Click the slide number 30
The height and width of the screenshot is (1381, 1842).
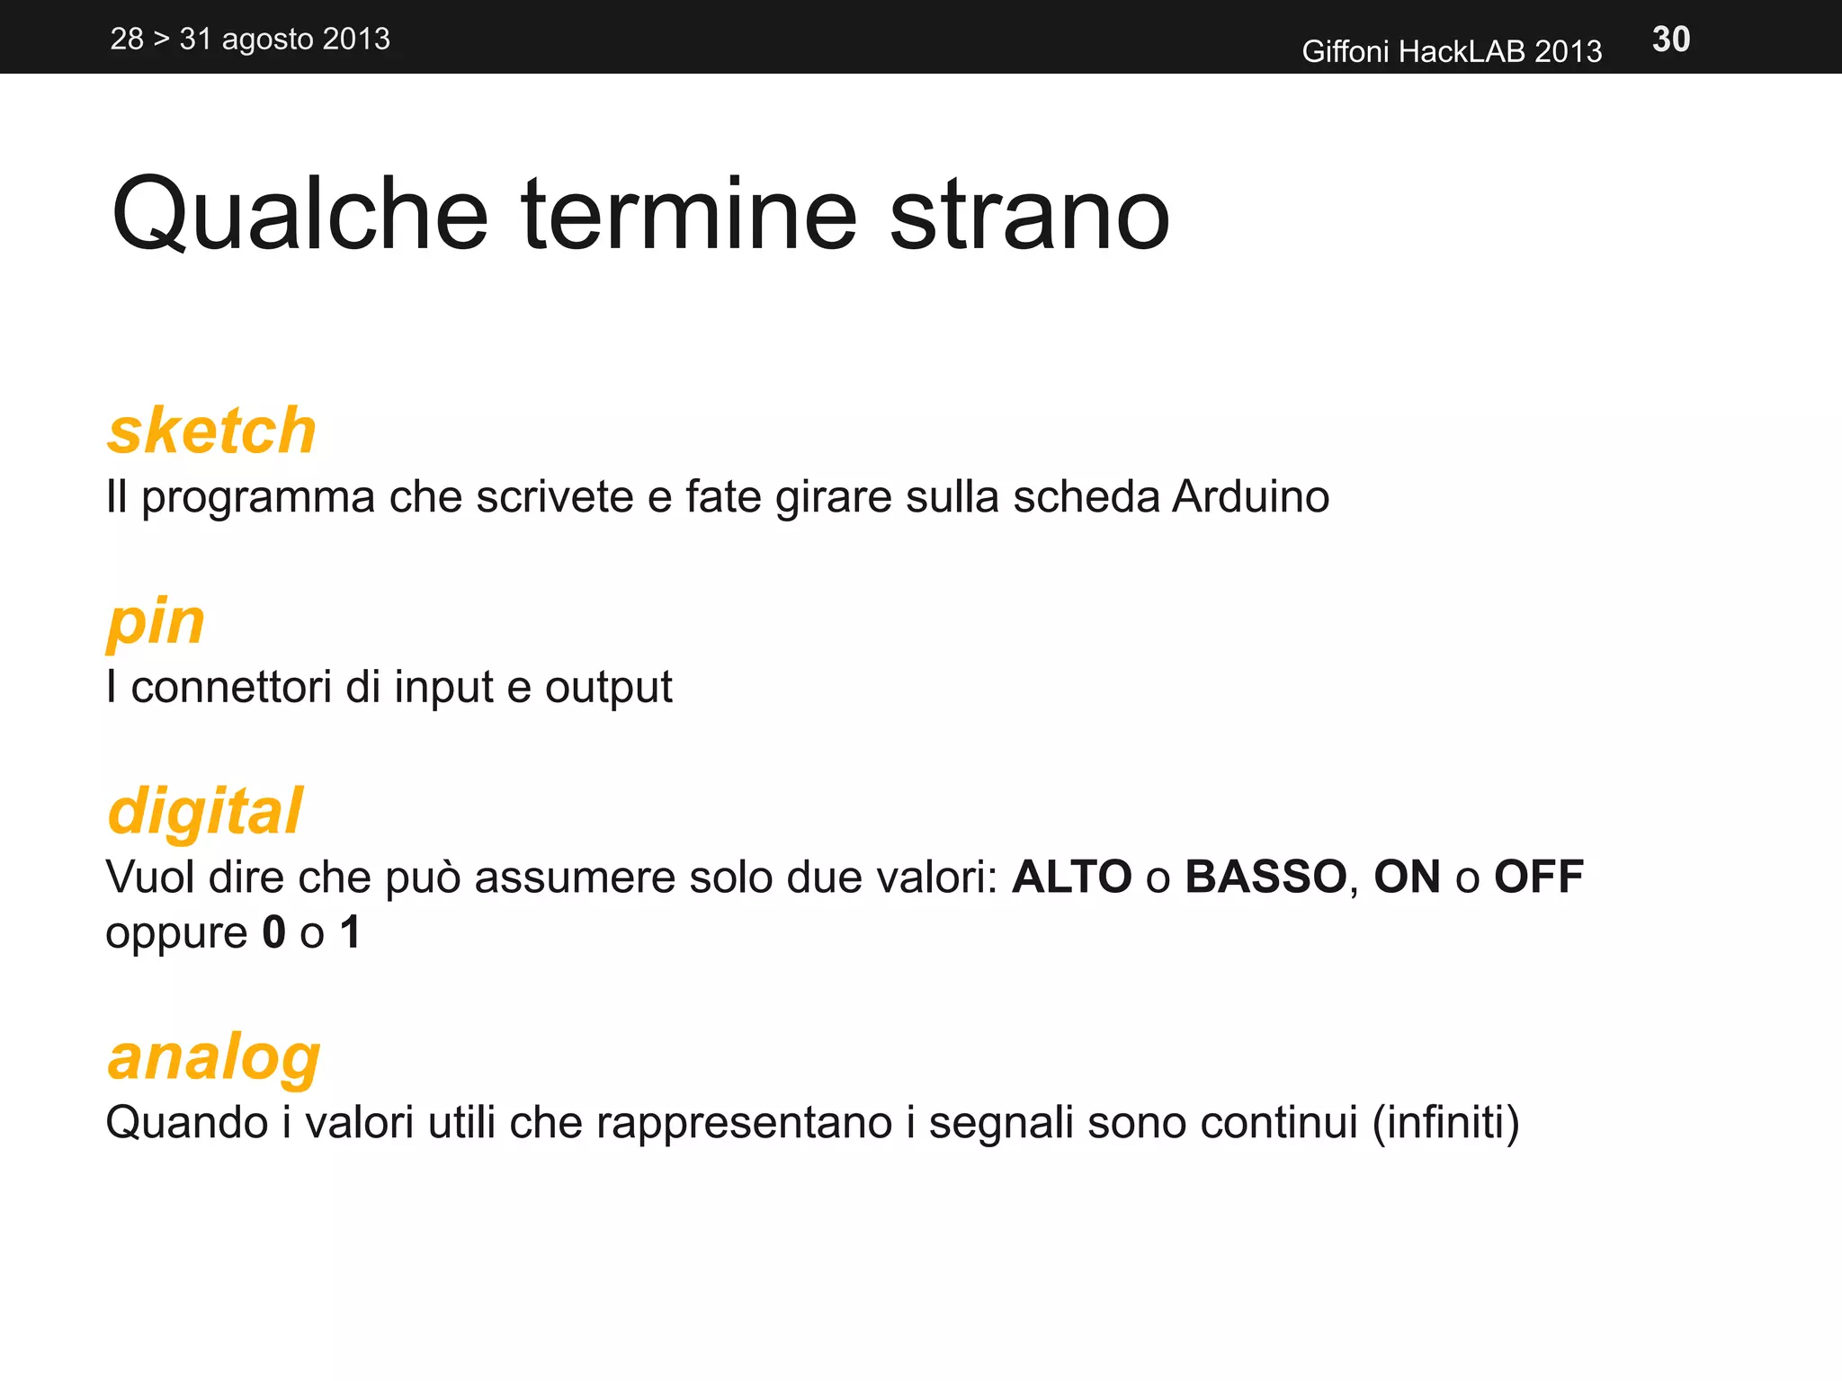[1671, 40]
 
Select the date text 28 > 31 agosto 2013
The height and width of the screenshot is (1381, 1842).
[250, 40]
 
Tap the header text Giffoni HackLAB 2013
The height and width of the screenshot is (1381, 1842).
[1451, 51]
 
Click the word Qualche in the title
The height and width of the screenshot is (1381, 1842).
[300, 216]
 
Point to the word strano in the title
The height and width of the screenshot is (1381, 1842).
[1029, 216]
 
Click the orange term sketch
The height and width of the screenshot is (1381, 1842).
[212, 431]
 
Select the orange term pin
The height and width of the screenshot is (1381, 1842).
[156, 622]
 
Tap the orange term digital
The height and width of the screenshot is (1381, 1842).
[205, 811]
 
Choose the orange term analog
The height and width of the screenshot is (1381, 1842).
[214, 1057]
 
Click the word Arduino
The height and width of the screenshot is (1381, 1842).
[1250, 496]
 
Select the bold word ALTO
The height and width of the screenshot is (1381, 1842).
[1071, 877]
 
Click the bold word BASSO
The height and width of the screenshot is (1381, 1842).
[1265, 877]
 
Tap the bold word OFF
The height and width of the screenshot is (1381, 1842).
[1538, 877]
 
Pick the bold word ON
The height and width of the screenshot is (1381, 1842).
[1407, 877]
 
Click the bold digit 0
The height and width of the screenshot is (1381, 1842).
[273, 932]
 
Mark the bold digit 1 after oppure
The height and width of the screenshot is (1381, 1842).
[351, 932]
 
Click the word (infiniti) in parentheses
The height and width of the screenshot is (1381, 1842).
[1445, 1122]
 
